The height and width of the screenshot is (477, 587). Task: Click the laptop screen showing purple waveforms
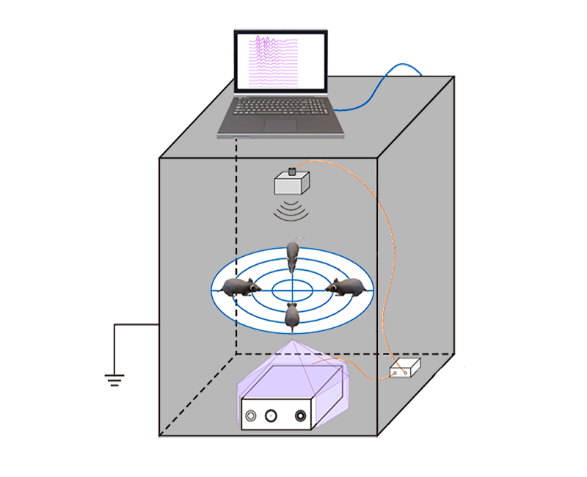(280, 63)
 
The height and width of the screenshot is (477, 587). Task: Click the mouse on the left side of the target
(239, 287)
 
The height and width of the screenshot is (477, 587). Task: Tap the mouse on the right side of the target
(348, 285)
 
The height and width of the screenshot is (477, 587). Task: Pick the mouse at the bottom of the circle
(292, 316)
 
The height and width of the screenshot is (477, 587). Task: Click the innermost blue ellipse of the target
(292, 291)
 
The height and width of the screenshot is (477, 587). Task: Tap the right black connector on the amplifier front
(301, 416)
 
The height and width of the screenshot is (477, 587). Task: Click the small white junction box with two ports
(404, 368)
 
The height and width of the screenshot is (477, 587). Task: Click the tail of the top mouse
(297, 240)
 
